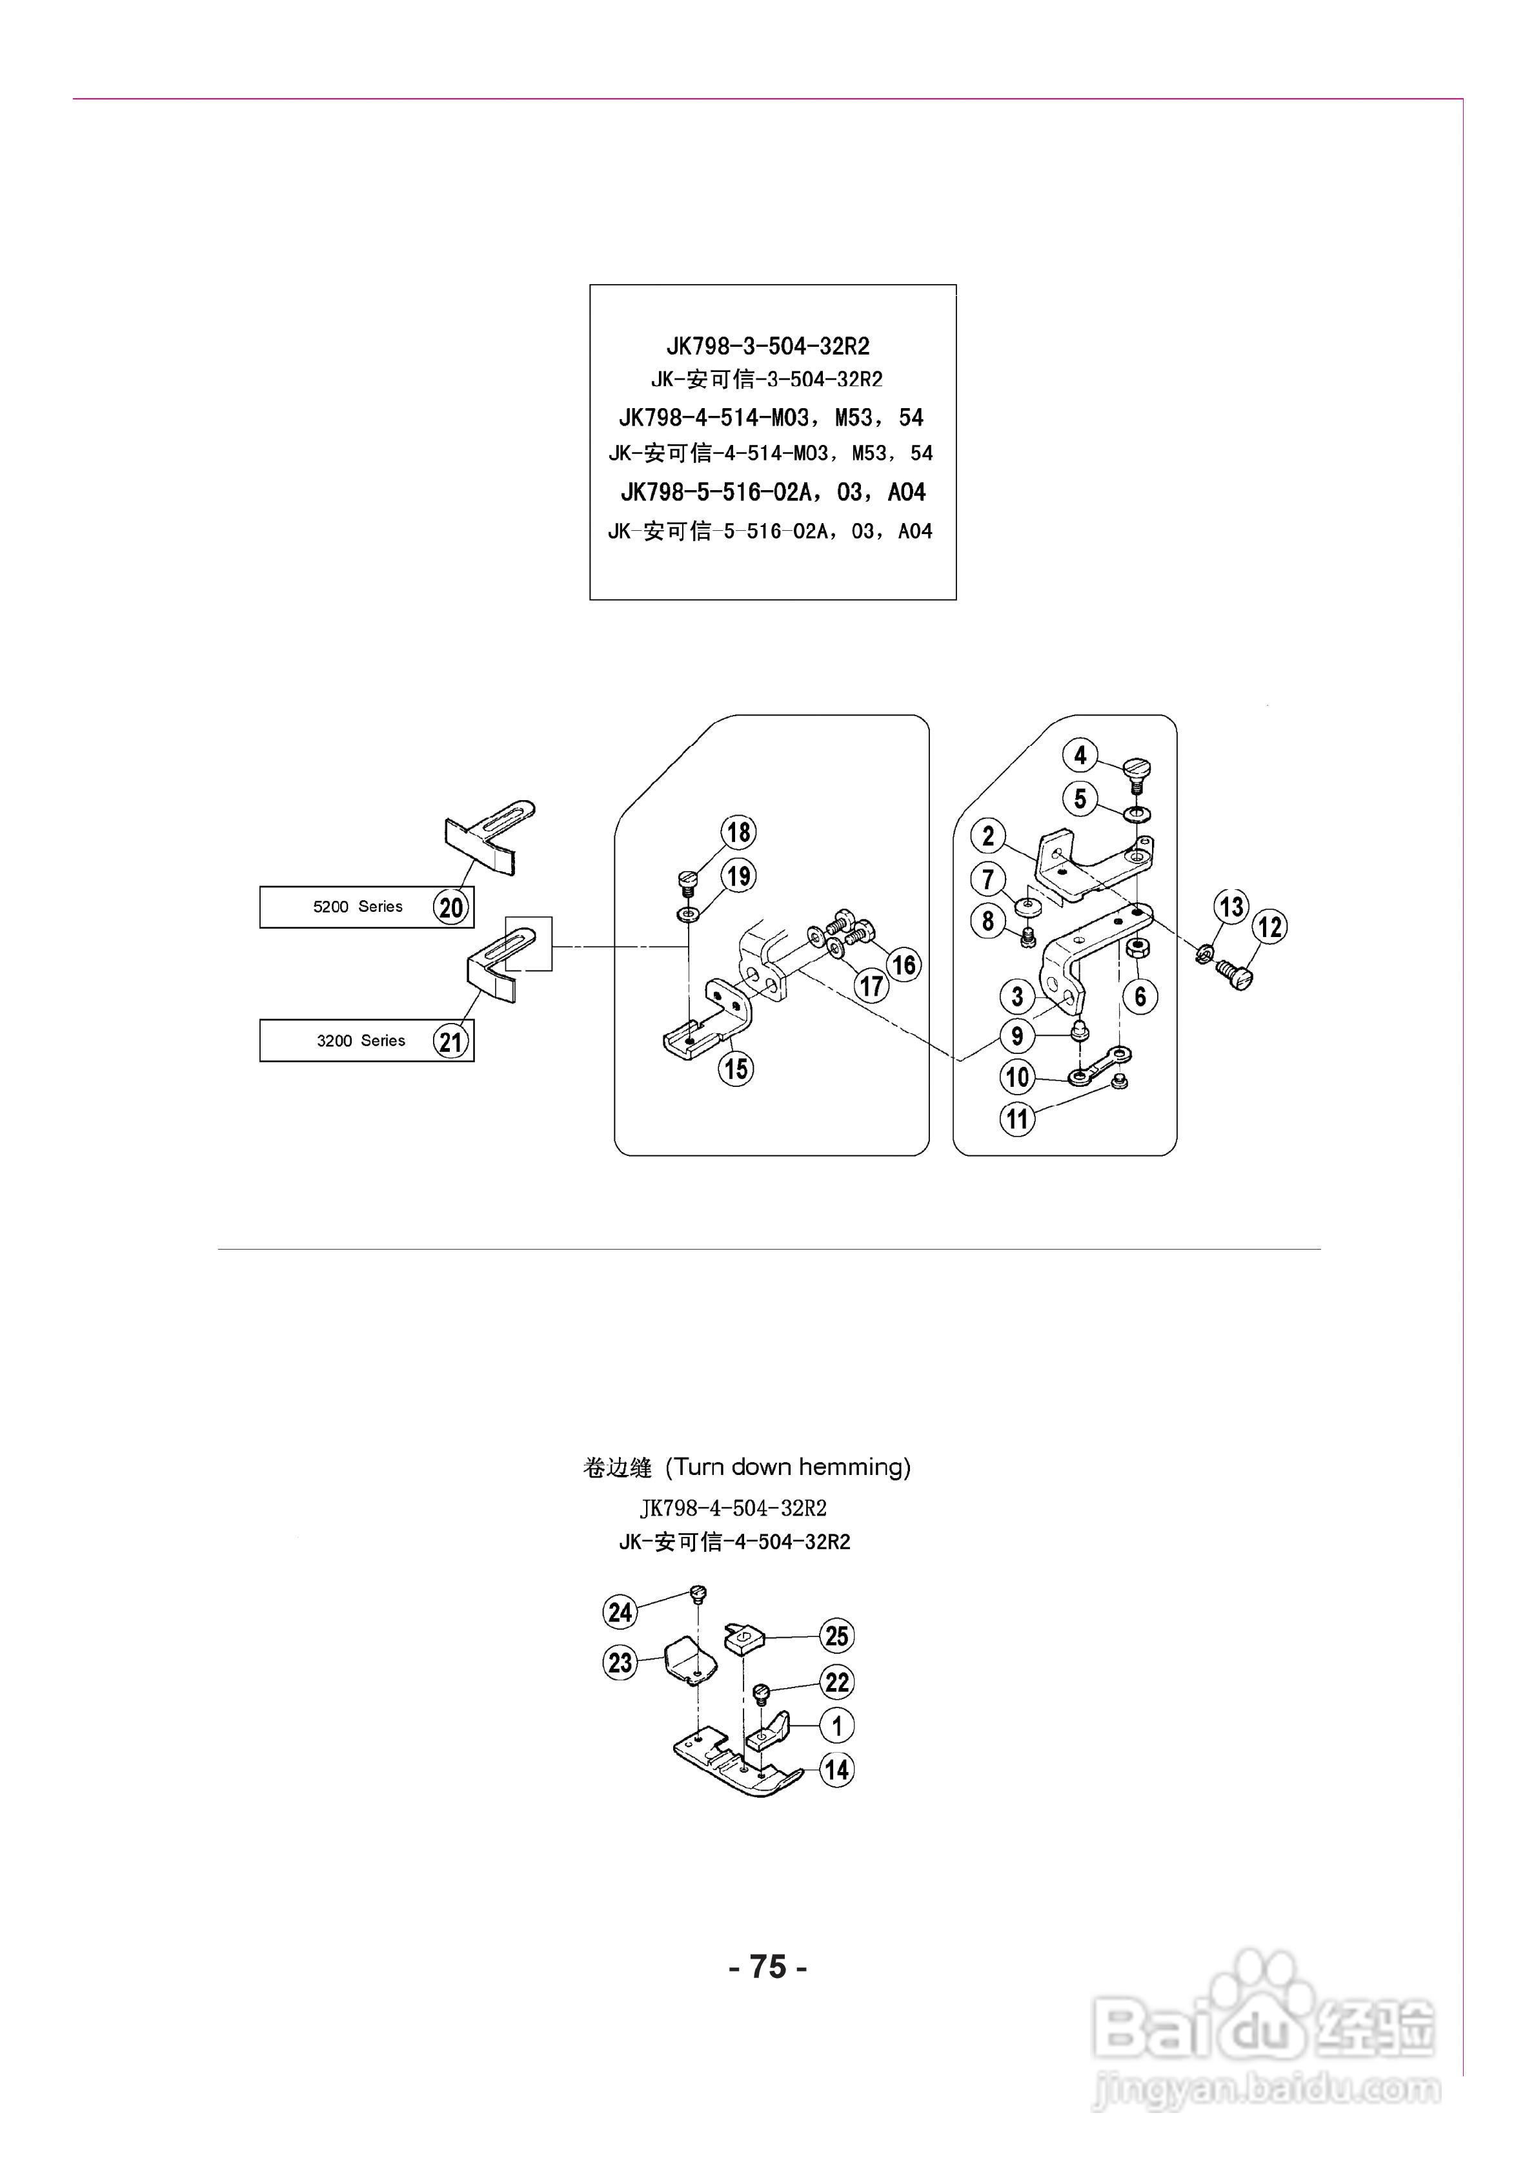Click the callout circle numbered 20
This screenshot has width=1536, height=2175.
450,907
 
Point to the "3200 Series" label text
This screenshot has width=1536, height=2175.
360,1040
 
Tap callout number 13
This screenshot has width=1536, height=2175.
1231,907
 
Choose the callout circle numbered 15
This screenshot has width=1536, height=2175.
736,1069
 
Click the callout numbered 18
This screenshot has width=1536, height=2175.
739,832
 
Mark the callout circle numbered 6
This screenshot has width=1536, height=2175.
1140,996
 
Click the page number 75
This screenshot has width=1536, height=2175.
767,1966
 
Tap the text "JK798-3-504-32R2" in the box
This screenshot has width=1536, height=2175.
767,345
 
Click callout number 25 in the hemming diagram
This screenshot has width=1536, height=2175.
836,1635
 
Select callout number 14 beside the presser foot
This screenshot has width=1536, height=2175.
836,1769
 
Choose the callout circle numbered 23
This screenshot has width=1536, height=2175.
620,1662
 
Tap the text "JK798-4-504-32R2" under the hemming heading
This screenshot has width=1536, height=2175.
733,1508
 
